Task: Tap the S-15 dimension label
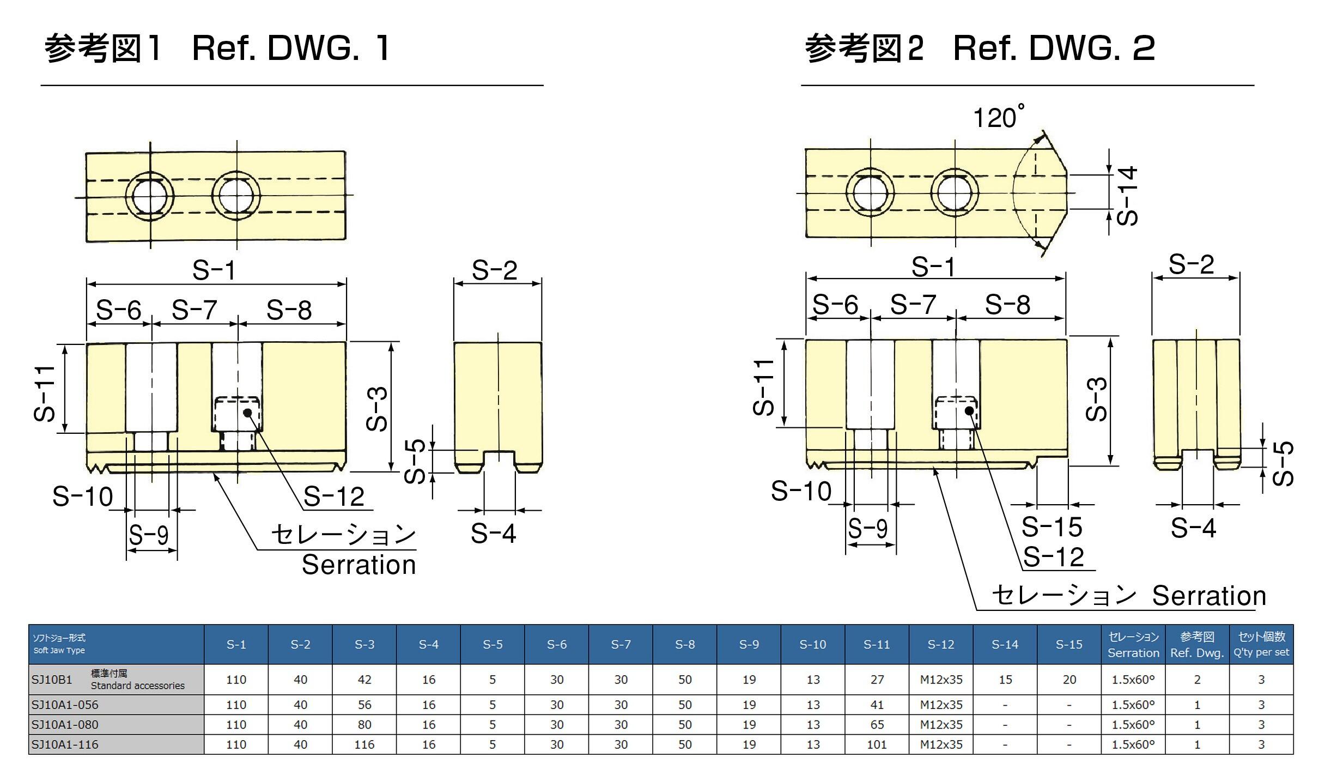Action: click(1052, 526)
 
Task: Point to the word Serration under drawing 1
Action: click(358, 565)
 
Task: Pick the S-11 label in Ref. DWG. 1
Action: click(45, 393)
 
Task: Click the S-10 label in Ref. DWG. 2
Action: click(801, 491)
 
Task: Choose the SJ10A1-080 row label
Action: click(65, 724)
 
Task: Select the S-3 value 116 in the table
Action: click(364, 744)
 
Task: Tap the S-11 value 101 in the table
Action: click(877, 744)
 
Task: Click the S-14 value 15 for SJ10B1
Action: click(1005, 680)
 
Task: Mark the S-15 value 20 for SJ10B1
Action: click(1069, 680)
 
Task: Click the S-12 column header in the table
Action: click(941, 644)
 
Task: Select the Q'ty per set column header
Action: click(1261, 644)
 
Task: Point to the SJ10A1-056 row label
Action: click(65, 705)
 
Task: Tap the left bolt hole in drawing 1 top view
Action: click(150, 196)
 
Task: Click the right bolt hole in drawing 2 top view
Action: click(955, 193)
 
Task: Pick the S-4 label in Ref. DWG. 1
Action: click(493, 533)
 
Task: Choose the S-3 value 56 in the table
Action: click(364, 705)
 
